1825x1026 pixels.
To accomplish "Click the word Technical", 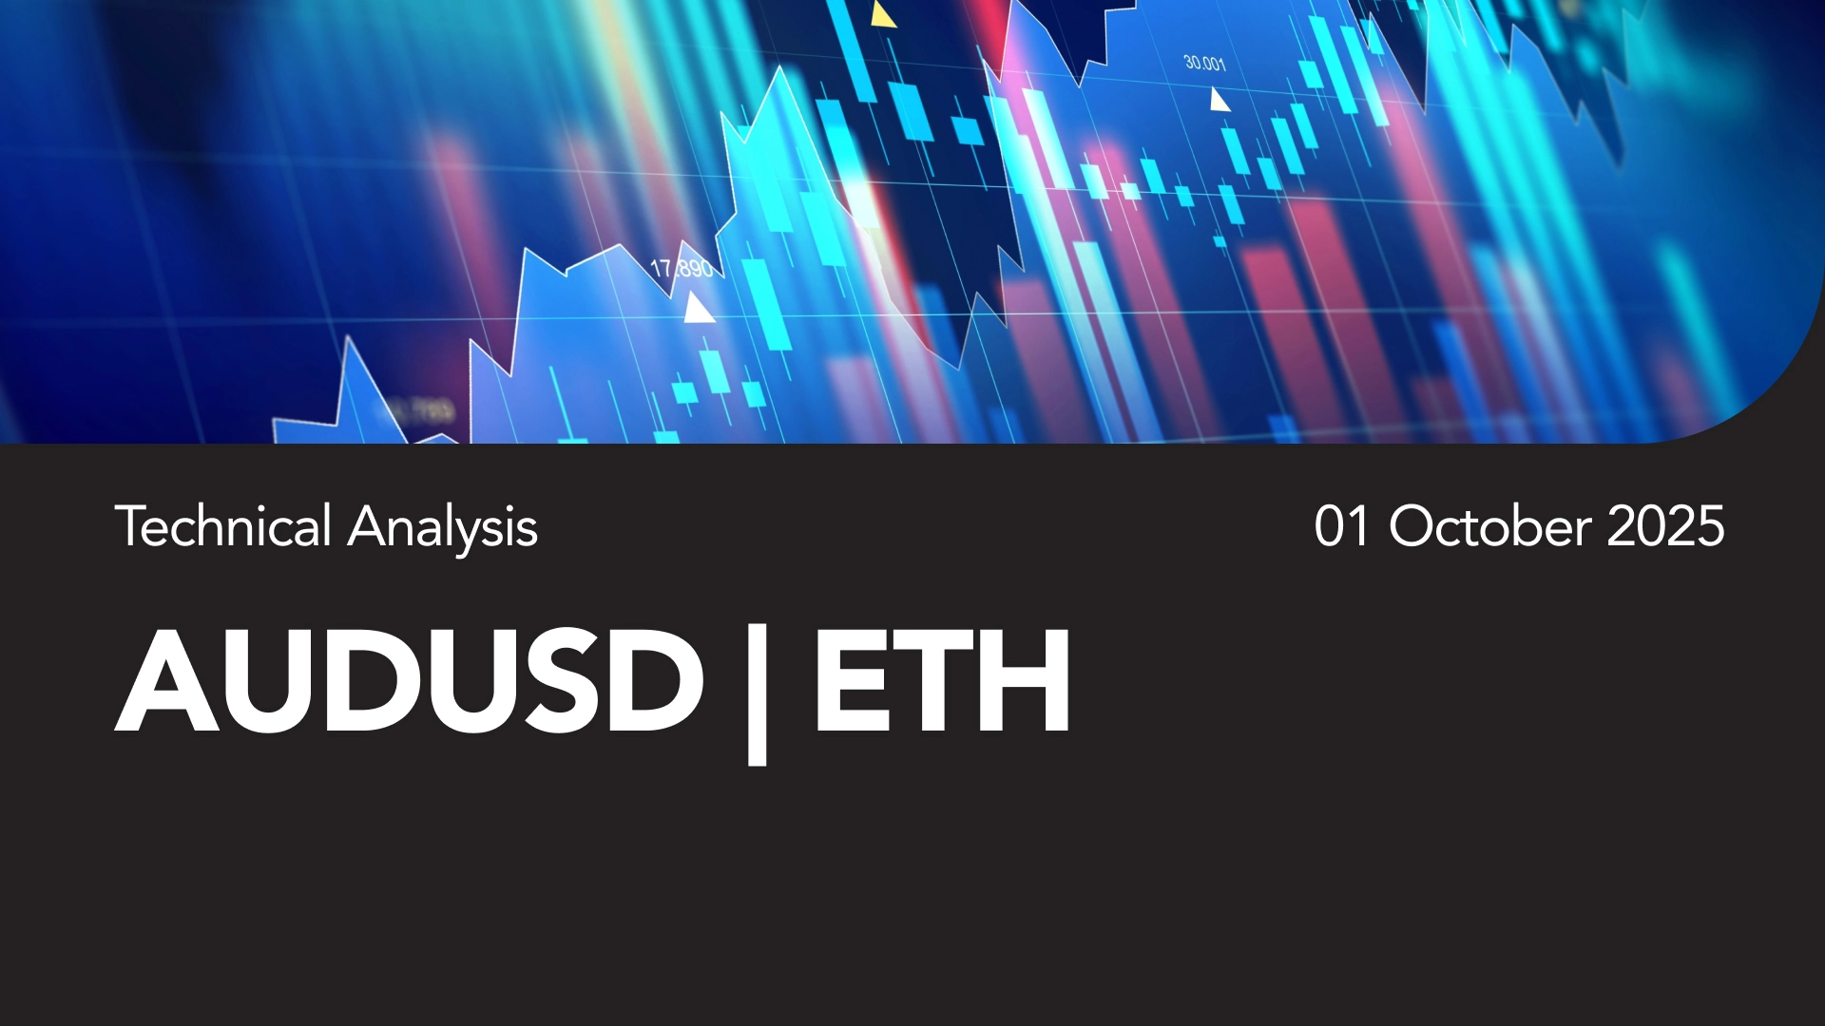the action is (223, 526).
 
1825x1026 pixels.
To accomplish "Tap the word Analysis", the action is (443, 529).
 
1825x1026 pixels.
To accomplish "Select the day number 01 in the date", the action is (1341, 526).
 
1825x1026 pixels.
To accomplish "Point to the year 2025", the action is (1665, 526).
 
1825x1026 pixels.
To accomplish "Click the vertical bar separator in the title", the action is (758, 693).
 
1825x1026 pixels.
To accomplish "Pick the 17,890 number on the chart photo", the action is (682, 269).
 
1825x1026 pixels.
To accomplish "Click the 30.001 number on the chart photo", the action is (1204, 64).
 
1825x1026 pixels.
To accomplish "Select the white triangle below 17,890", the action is (699, 308).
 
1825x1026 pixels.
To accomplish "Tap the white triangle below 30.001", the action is (1219, 100).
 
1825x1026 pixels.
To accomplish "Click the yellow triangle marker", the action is (883, 14).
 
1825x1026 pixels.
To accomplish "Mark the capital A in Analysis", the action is (368, 526).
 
